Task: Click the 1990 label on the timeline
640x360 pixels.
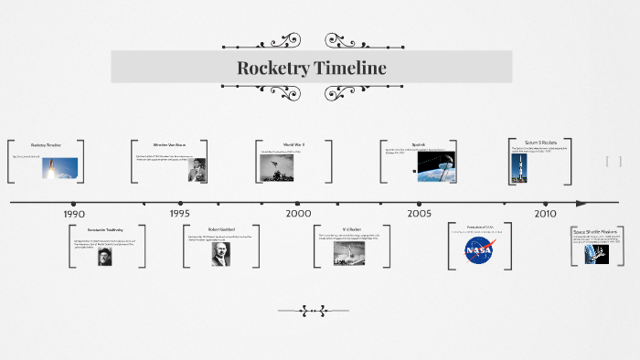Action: coord(74,214)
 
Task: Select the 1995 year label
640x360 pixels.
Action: coord(180,214)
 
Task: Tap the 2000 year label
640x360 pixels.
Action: coord(298,213)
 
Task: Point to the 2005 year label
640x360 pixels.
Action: coord(420,213)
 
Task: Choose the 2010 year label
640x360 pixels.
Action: coord(546,213)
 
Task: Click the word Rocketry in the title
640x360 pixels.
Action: coord(275,68)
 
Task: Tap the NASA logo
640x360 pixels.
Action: coord(479,249)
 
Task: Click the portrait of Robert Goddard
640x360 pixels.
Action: coord(220,253)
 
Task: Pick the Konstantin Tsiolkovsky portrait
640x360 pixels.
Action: coord(106,257)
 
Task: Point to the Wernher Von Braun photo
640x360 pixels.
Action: coord(197,170)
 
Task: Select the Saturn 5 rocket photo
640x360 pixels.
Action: coord(519,168)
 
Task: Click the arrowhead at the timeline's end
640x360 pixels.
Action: coord(583,203)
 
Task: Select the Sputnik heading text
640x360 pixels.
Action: coord(419,144)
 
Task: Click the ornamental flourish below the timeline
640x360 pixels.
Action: coord(313,311)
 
